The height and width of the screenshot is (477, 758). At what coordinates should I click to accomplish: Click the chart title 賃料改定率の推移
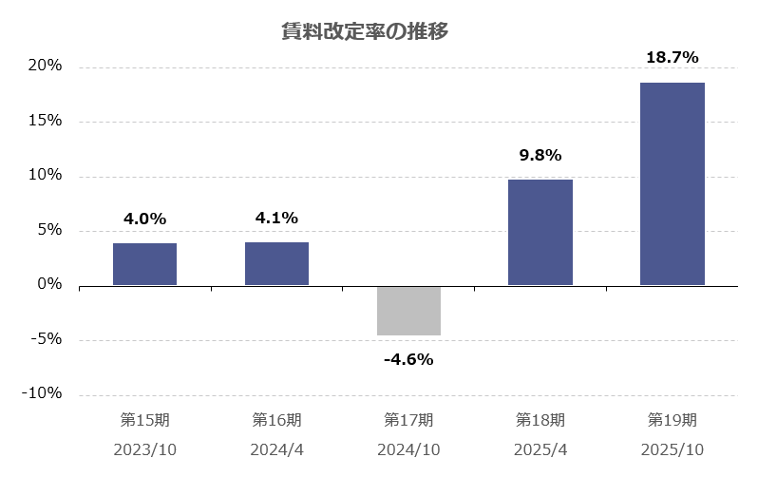[x=379, y=31]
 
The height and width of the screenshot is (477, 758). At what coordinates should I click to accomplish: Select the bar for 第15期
[x=144, y=264]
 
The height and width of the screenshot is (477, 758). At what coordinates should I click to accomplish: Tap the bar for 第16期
[x=276, y=263]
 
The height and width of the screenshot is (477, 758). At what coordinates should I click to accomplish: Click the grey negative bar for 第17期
[x=408, y=311]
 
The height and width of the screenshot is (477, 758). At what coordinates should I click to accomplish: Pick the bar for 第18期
[x=540, y=233]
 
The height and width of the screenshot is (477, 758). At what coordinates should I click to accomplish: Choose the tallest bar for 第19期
[x=673, y=183]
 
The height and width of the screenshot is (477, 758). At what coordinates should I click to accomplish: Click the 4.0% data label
[x=144, y=219]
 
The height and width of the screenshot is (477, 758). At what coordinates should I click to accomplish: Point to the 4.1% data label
[x=276, y=218]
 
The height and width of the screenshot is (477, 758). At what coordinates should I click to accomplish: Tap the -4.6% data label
[x=408, y=359]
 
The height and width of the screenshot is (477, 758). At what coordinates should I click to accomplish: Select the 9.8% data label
[x=540, y=155]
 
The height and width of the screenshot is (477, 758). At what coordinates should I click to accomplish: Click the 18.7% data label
[x=673, y=58]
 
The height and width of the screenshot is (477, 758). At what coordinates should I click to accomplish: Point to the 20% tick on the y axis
[x=44, y=67]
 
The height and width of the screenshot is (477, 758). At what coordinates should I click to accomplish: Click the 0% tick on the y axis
[x=48, y=285]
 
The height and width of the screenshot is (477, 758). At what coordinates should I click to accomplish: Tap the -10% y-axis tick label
[x=41, y=394]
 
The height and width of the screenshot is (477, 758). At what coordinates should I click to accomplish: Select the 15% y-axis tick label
[x=44, y=121]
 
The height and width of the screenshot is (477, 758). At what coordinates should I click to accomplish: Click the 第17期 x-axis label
[x=408, y=419]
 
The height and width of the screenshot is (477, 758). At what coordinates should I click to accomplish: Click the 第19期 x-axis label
[x=673, y=419]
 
